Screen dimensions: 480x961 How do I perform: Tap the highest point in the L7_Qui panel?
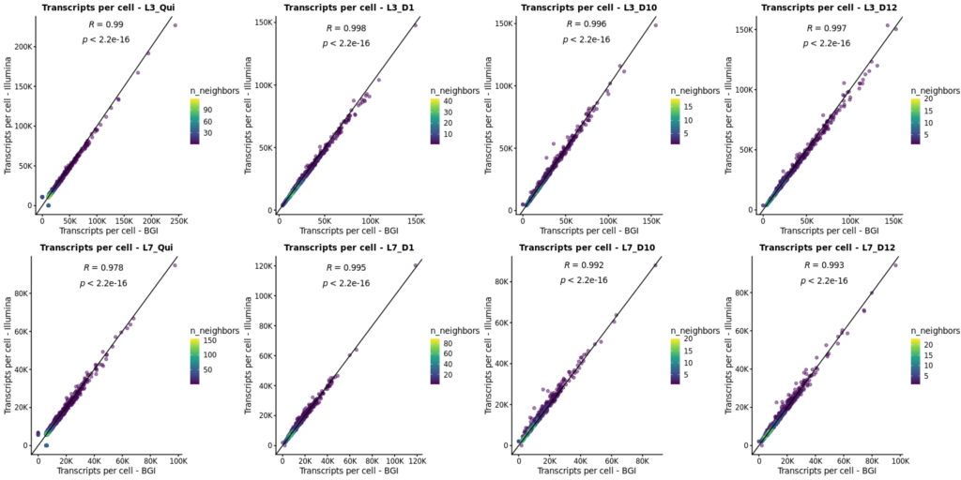[175, 265]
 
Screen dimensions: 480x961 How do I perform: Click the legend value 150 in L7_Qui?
[212, 341]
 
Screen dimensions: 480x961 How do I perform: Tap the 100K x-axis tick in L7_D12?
[899, 459]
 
